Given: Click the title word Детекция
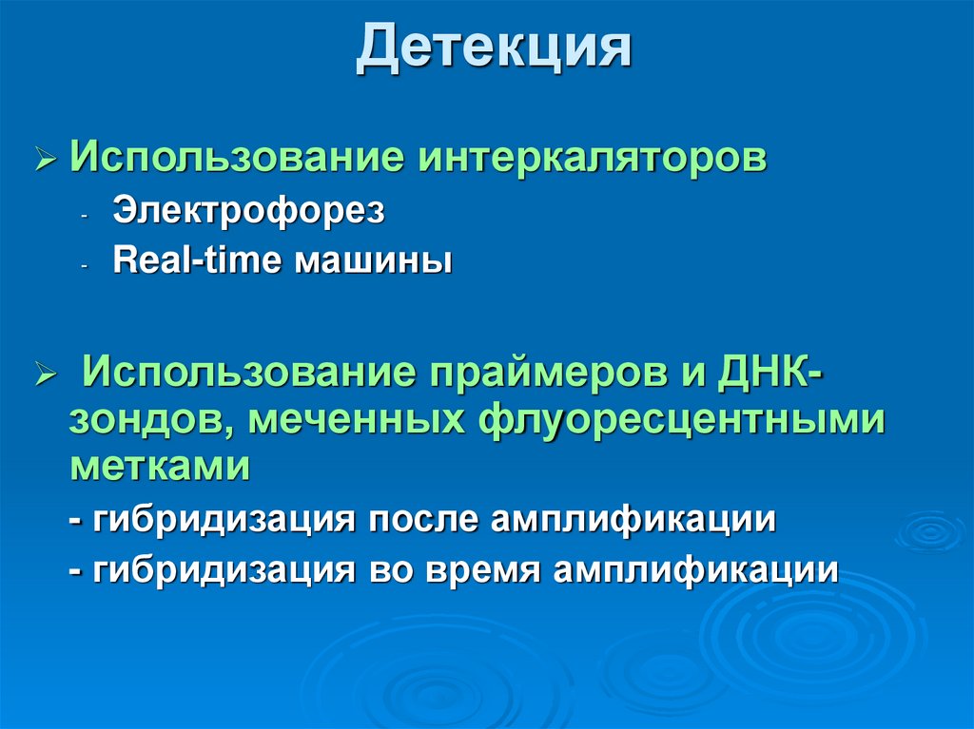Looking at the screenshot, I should click(494, 50).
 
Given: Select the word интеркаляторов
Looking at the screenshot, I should click(589, 158).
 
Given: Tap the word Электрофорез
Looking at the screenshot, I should click(249, 211).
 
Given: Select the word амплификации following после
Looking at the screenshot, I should click(634, 521).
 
